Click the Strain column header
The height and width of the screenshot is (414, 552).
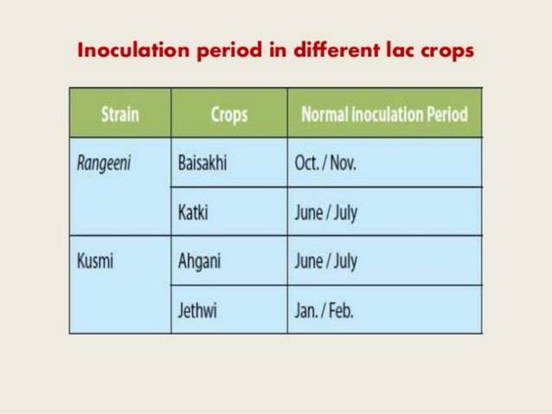120,113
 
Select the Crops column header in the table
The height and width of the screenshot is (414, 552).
229,113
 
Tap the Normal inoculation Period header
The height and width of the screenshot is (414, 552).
384,113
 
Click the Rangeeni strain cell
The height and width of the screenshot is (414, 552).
103,163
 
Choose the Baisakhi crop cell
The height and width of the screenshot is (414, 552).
202,163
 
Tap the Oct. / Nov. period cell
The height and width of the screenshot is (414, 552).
325,163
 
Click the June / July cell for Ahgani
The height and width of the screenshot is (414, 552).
325,262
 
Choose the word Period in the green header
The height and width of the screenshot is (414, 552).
443,113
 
